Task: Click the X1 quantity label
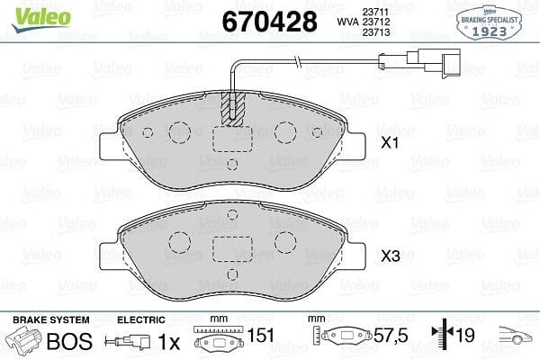(390, 142)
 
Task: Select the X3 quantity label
(390, 256)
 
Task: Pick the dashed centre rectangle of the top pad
(232, 139)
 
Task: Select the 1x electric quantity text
(168, 341)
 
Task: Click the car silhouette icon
(520, 337)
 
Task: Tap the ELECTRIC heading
(141, 319)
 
